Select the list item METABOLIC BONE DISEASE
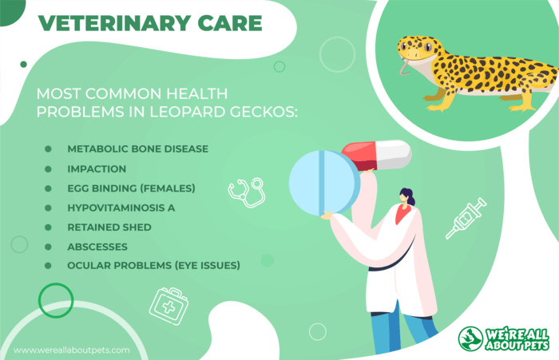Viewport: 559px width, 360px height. (x=138, y=149)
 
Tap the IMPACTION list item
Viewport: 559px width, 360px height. (x=97, y=169)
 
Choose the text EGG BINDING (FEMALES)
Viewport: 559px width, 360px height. (x=131, y=188)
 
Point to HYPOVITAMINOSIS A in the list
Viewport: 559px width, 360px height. (x=121, y=208)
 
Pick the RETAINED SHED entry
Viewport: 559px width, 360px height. (x=109, y=227)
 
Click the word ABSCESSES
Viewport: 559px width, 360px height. (x=97, y=247)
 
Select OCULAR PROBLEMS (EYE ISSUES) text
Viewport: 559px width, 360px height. (x=153, y=266)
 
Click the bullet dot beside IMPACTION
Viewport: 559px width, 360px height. (x=48, y=169)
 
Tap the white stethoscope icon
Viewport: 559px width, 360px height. (x=247, y=192)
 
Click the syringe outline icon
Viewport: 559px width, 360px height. (x=466, y=218)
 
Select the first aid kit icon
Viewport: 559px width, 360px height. (x=168, y=307)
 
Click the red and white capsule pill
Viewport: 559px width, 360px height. (x=376, y=156)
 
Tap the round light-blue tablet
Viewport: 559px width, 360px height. (x=324, y=184)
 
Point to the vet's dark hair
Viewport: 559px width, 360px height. (x=409, y=196)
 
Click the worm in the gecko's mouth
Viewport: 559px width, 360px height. (x=404, y=68)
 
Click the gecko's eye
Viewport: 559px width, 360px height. (x=427, y=46)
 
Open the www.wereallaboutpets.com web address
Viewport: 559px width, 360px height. (x=72, y=350)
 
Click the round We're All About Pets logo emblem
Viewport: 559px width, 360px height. (x=470, y=338)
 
